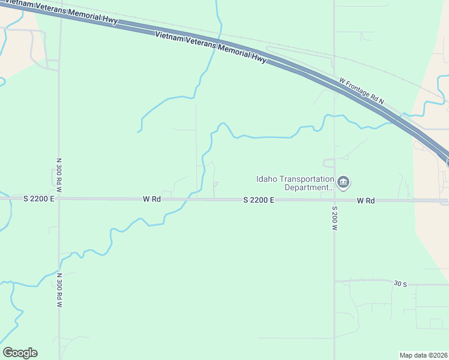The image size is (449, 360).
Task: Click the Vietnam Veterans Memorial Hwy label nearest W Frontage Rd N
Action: (x=210, y=46)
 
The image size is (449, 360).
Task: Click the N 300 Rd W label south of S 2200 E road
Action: (x=59, y=290)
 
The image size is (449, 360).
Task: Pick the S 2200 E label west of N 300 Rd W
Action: (x=39, y=198)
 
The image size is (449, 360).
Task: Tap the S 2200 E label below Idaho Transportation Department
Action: (x=259, y=200)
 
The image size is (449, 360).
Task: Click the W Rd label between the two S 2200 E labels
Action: (x=152, y=199)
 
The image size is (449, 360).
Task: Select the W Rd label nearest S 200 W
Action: (x=366, y=200)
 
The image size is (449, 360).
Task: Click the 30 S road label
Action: (x=400, y=283)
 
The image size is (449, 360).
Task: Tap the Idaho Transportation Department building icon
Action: (x=344, y=182)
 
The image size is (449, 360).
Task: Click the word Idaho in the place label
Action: (x=266, y=179)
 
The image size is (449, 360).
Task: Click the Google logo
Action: (x=20, y=353)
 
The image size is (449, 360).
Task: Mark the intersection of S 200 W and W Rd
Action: (x=334, y=200)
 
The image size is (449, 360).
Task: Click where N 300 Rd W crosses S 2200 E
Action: (x=59, y=198)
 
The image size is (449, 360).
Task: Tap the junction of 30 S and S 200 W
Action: (x=334, y=281)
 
